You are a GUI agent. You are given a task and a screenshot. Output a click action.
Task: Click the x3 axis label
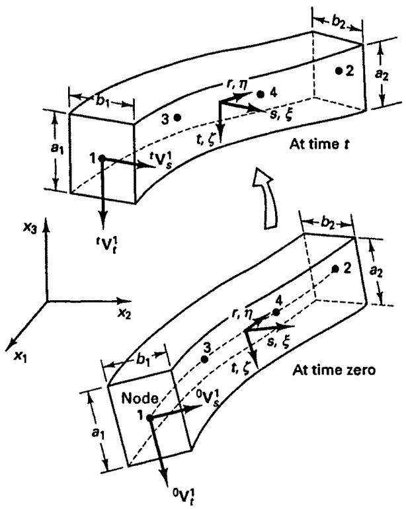30,228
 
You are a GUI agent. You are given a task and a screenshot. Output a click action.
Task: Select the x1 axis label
20,357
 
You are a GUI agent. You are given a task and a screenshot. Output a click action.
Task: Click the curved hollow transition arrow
266,198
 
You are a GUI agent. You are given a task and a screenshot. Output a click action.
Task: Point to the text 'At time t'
319,143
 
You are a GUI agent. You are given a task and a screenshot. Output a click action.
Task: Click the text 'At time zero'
334,370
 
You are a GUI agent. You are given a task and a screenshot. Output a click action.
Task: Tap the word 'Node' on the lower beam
140,399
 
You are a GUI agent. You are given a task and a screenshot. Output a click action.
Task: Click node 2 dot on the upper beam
339,70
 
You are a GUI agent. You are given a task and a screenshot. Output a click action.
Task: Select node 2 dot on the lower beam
335,269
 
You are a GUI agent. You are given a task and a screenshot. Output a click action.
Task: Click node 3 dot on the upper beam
177,118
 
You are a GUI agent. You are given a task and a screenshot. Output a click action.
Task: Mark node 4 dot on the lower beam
276,313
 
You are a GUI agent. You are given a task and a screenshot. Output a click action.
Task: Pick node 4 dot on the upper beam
261,94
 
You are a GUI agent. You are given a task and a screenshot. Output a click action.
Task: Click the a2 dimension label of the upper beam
382,74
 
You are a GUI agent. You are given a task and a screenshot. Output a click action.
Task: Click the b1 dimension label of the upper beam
102,101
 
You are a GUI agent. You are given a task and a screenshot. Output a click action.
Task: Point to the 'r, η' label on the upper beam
237,84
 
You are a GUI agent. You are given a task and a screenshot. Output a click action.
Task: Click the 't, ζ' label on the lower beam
241,368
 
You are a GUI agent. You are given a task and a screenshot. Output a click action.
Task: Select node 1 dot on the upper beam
102,158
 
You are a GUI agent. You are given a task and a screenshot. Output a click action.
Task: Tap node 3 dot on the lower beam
204,360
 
